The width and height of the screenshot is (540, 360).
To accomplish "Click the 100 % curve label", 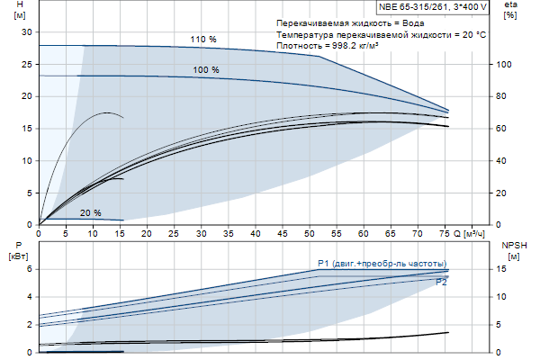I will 206,69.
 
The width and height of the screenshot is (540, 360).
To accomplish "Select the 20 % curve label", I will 90,213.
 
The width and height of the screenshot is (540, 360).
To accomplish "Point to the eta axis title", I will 510,11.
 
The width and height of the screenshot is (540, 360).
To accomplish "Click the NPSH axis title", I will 512,250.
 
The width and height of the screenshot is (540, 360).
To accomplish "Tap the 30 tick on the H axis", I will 26,31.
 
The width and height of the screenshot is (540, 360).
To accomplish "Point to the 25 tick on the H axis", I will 26,64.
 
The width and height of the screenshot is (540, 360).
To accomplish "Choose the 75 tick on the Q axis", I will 446,233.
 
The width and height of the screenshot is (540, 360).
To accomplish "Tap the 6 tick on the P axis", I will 29,269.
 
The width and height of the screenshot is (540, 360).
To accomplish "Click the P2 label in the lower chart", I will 441,283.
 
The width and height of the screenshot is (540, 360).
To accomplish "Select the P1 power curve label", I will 382,263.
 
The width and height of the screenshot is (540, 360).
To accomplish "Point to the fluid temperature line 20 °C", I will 382,33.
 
